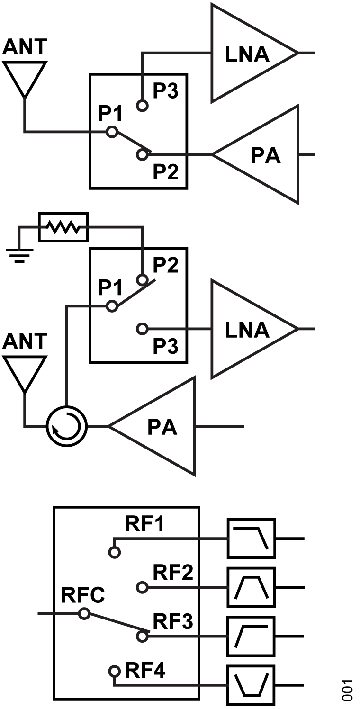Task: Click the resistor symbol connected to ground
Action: tap(63, 227)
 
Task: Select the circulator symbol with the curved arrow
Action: tap(66, 426)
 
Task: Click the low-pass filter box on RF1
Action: tap(252, 538)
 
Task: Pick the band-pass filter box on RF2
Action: tap(252, 587)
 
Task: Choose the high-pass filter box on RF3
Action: tap(252, 636)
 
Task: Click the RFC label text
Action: tap(83, 595)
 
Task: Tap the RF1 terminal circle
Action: tap(114, 552)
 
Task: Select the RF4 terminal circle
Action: tap(114, 671)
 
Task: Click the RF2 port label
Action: tap(173, 572)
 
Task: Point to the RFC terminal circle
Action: tap(84, 614)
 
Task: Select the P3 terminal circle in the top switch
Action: tap(142, 106)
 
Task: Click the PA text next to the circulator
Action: tap(162, 427)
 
